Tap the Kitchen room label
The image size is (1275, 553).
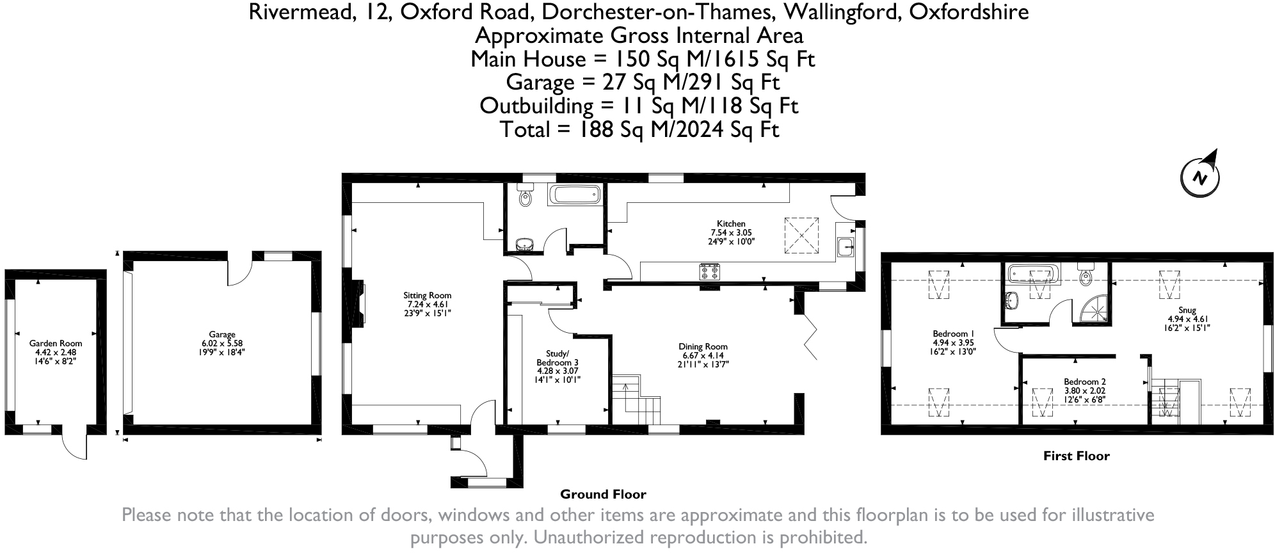click(x=731, y=223)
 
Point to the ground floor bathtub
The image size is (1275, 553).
click(x=574, y=195)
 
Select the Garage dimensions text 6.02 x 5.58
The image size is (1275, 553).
click(x=222, y=343)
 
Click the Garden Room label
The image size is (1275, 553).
click(x=56, y=343)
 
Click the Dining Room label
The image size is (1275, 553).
click(x=703, y=346)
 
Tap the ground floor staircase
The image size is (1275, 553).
click(x=636, y=399)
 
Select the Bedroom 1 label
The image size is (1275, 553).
click(x=953, y=333)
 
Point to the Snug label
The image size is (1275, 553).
click(x=1187, y=310)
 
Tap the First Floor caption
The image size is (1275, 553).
click(x=1076, y=456)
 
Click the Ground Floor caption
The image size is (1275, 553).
click(x=603, y=494)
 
